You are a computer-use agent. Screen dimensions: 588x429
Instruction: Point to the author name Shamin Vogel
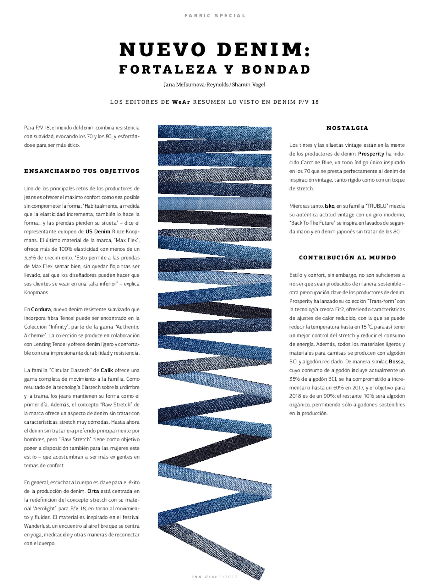[248, 85]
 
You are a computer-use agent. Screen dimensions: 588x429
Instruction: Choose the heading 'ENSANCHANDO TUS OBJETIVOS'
[82, 171]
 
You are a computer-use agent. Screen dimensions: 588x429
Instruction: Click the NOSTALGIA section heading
[347, 128]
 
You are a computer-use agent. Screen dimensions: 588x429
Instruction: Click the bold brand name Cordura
[41, 310]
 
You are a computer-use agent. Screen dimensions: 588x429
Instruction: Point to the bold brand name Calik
[107, 370]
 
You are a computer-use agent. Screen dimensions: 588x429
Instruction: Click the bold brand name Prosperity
[371, 154]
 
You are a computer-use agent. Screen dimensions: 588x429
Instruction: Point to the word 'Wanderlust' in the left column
[37, 526]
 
